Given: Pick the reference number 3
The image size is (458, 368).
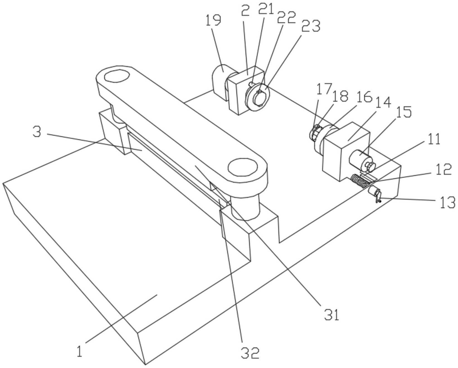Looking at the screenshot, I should pos(36,133).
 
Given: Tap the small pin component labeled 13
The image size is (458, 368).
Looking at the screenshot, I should pos(375,193).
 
